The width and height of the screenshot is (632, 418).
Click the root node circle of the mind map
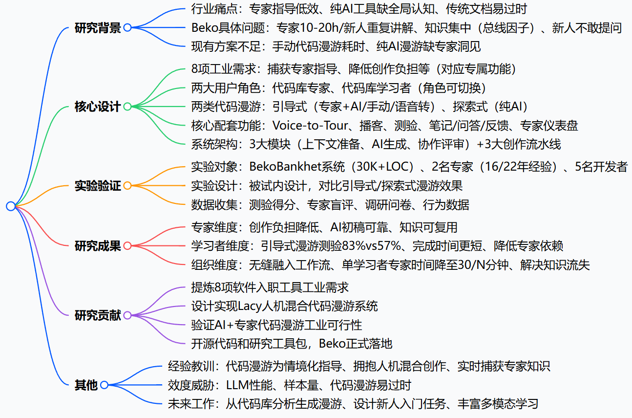coord(11,206)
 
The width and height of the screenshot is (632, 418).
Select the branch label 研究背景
coord(98,28)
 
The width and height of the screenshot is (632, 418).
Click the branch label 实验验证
coord(98,186)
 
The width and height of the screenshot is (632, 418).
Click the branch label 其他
coord(86,385)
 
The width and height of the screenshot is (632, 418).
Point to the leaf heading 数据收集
coord(211,205)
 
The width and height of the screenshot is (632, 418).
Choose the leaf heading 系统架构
coord(211,144)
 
